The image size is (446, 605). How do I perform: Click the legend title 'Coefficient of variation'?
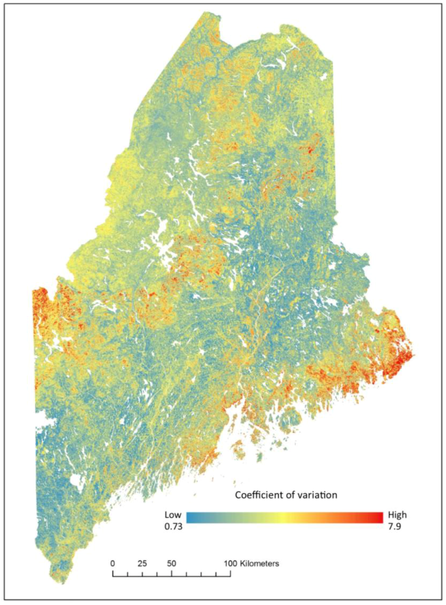286,495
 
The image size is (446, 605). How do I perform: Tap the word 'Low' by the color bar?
173,515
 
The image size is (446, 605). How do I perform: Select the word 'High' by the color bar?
397,515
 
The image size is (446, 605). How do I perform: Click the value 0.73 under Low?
173,526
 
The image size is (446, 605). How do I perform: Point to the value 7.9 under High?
395,526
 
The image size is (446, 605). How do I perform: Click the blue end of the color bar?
190,517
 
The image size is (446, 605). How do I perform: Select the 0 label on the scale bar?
113,563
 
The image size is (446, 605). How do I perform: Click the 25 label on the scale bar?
142,563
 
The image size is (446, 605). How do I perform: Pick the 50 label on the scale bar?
171,563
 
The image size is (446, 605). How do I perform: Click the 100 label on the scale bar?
230,563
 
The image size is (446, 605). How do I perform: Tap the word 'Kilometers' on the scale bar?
259,563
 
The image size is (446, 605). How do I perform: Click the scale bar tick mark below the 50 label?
172,573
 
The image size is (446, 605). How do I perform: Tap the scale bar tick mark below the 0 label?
113,573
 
